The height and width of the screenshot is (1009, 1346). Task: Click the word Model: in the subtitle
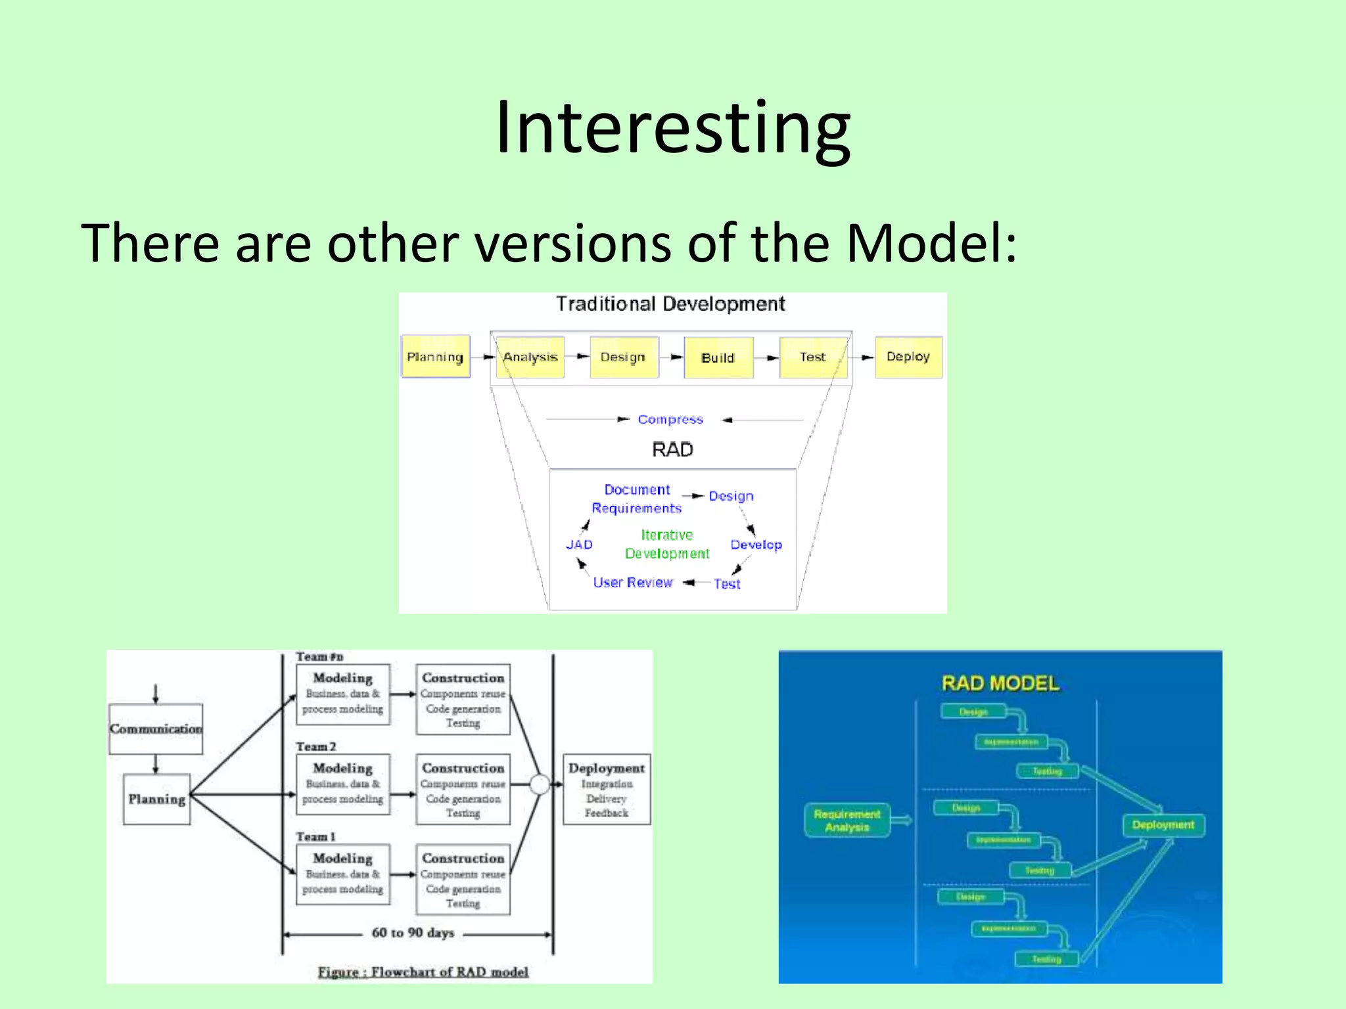click(931, 243)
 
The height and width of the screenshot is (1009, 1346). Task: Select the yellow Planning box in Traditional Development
click(435, 357)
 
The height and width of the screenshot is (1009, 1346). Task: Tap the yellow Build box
click(718, 357)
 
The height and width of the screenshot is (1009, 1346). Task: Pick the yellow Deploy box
click(908, 357)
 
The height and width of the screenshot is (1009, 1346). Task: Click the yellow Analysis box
click(530, 357)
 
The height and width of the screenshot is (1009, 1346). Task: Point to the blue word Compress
click(670, 419)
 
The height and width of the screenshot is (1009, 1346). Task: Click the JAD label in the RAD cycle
click(579, 545)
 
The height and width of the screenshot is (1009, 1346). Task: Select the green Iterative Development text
click(667, 544)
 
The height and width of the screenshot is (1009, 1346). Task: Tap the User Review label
click(632, 583)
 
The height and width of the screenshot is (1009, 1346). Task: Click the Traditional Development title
click(670, 303)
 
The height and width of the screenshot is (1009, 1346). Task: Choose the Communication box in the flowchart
click(156, 729)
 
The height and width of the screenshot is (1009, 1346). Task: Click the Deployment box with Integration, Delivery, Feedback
click(606, 789)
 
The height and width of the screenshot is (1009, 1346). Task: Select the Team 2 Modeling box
click(342, 784)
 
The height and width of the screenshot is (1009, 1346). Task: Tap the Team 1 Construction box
click(463, 879)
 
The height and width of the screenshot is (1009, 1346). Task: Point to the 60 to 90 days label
click(413, 933)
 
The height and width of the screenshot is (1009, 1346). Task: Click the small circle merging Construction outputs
click(540, 784)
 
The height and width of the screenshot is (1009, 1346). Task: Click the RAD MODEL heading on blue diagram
click(1000, 683)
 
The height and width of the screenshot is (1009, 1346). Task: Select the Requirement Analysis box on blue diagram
click(847, 820)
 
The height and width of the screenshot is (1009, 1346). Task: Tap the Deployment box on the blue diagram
click(1163, 825)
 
